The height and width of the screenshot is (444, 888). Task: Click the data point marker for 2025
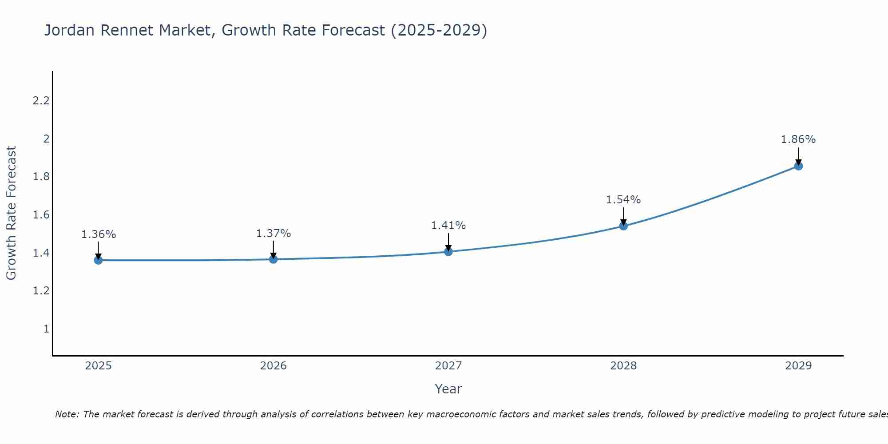coord(98,260)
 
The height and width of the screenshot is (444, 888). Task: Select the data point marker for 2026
coord(274,259)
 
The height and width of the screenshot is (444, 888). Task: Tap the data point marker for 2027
coord(448,252)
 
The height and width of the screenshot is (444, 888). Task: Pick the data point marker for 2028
coord(623,226)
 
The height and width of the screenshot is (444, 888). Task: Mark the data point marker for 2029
coord(798,166)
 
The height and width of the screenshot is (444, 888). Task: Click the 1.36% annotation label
coord(98,234)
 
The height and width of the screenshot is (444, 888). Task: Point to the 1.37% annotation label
coord(274,234)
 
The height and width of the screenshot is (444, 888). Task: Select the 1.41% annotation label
coord(448,226)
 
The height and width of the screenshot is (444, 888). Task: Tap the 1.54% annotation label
coord(623,200)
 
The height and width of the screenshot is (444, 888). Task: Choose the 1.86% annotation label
coord(798,139)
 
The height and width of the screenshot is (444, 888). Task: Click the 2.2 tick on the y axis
coord(41,101)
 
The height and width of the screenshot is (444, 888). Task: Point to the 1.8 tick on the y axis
coord(41,177)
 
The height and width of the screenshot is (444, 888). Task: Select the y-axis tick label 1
coord(46,329)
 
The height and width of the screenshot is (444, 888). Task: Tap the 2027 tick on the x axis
coord(448,366)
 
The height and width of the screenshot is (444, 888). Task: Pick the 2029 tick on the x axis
coord(798,366)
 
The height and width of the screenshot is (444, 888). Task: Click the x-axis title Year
coord(448,389)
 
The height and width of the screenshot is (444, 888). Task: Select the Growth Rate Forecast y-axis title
coord(11,213)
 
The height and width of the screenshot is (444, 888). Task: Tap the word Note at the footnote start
coord(67,414)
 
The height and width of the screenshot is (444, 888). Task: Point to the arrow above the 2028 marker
coord(623,216)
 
